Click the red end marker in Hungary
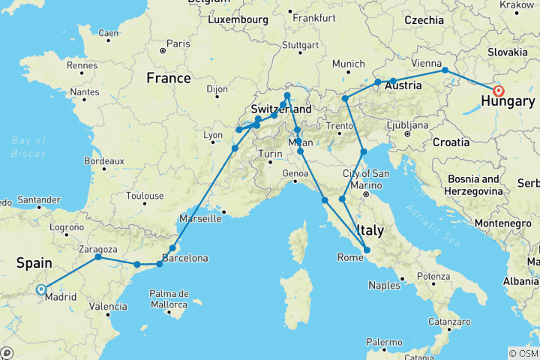point(498,91)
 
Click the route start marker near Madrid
point(40,289)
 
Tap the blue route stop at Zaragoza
point(98,257)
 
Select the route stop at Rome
point(367,250)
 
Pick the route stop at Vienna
point(445,70)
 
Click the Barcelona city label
point(185,258)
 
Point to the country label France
point(169,78)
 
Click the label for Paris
point(177,43)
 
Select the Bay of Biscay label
point(28,147)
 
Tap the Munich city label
point(347,64)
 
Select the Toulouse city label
point(145,196)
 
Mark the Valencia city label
point(107,306)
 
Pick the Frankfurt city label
point(314,16)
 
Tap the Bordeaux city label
point(104,160)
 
